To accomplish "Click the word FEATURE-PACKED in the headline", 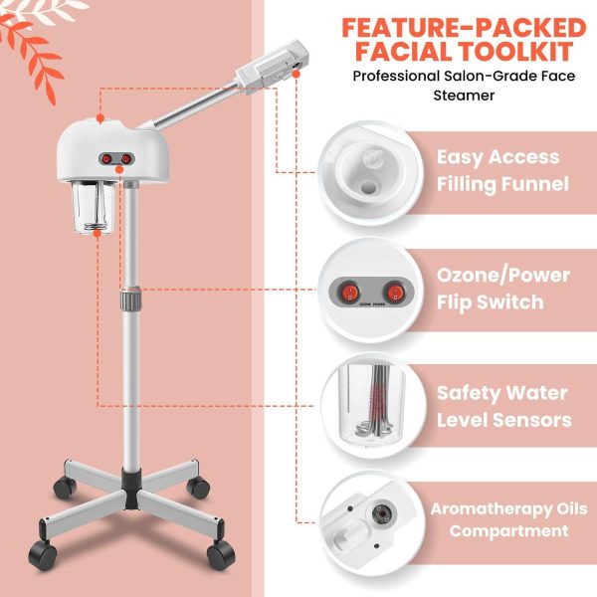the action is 464,28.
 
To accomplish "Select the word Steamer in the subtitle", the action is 464,96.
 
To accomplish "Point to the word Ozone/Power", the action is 502,276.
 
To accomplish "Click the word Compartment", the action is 508,531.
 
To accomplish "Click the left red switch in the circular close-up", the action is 349,292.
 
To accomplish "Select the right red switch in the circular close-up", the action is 395,292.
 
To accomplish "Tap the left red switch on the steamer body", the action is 107,159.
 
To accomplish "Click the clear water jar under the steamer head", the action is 95,208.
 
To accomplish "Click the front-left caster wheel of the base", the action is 42,555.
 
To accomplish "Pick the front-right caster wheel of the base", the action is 221,555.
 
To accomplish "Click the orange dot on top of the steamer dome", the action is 100,118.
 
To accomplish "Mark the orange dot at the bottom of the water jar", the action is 98,233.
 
